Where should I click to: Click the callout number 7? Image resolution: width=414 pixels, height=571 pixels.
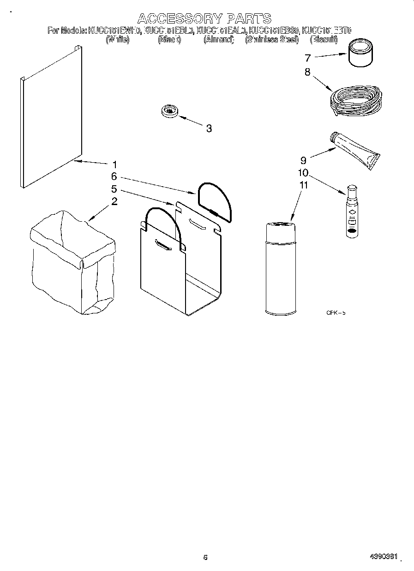coord(307,58)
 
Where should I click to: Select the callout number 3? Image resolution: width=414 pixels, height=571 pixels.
coord(209,129)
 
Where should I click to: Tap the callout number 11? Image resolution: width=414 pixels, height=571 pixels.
coord(303,185)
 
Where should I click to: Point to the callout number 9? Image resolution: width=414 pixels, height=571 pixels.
coord(303,160)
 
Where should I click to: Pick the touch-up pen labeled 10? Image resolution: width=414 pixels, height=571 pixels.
coord(352,212)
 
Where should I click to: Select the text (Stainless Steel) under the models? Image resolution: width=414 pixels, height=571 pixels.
coord(272,40)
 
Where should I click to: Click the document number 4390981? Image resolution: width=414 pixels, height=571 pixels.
coord(384,557)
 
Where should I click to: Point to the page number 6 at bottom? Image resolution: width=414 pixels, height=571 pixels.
coord(205,558)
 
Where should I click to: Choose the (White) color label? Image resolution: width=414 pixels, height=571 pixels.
coord(117,40)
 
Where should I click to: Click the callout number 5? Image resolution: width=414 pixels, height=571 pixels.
coord(114,189)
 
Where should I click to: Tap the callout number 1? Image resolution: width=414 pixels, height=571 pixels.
coord(114,164)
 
